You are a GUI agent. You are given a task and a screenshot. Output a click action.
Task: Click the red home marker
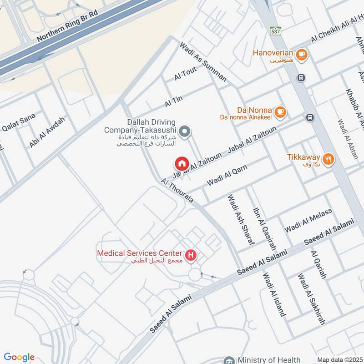pos(181,163)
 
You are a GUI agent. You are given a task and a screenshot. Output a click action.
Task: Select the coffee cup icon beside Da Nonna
pos(280,111)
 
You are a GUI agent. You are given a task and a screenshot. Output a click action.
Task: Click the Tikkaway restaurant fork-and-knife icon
pos(329,158)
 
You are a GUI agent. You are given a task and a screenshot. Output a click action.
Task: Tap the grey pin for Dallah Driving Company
pos(184,132)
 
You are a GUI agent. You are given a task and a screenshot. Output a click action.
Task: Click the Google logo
pos(19,357)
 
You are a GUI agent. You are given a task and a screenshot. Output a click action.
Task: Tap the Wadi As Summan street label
pos(203,62)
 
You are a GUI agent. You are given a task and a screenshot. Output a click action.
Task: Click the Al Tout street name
pos(185,75)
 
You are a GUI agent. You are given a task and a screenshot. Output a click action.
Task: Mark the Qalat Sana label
pos(19,121)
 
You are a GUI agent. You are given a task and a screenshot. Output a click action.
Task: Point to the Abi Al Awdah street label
pos(47,132)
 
